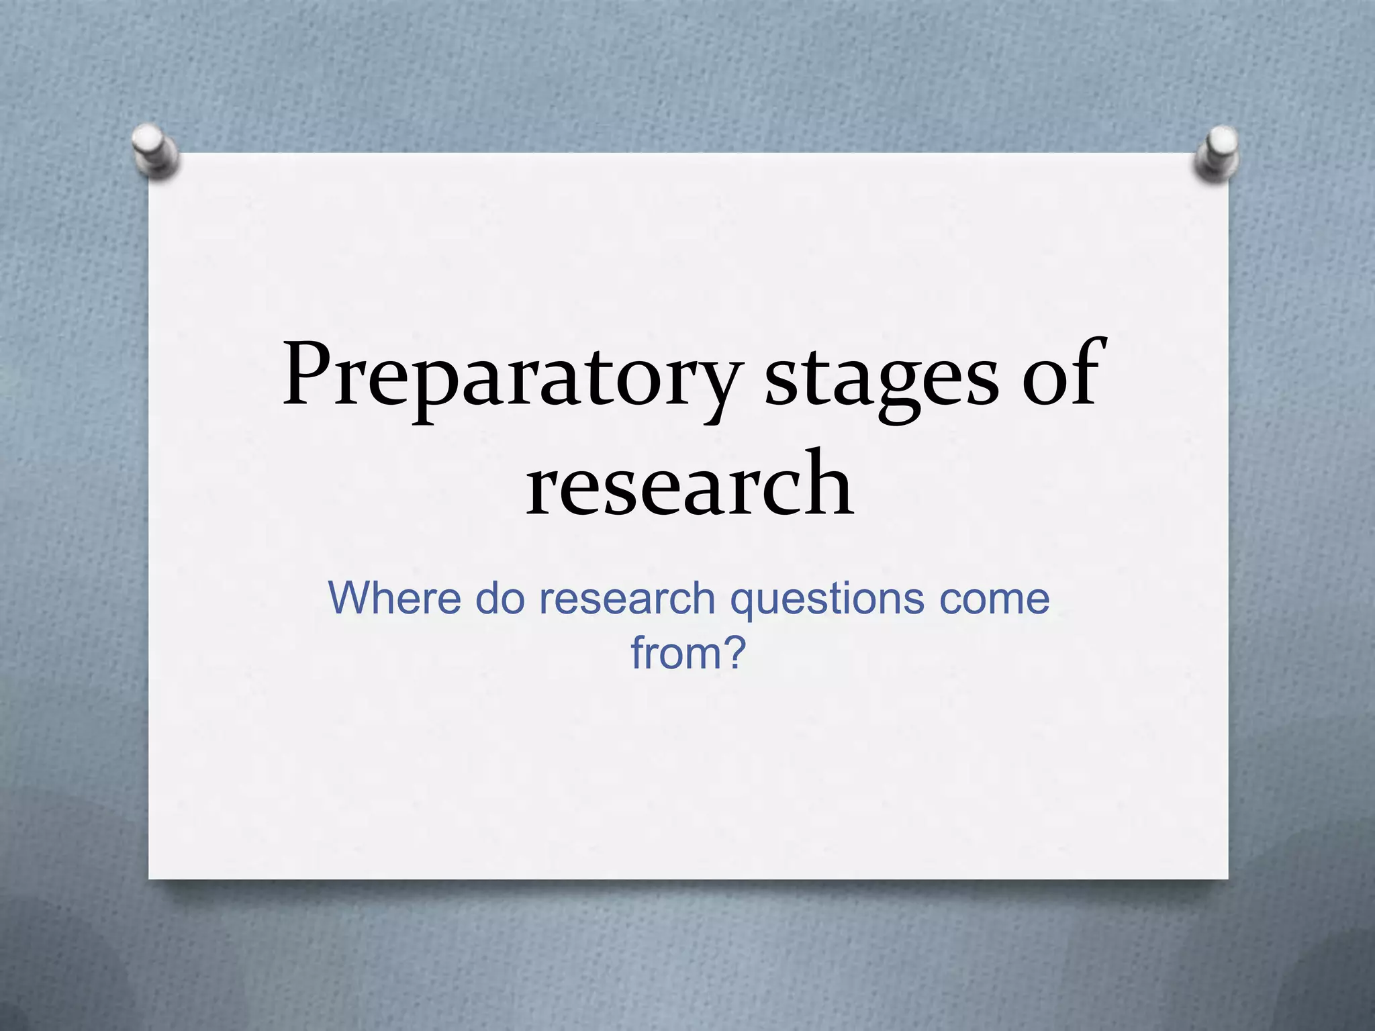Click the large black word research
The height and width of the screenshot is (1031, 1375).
tap(690, 485)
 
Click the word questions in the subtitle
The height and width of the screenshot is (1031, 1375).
tap(826, 599)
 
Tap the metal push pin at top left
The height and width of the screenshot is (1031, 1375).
tap(155, 151)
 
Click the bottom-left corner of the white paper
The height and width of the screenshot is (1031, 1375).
tap(150, 877)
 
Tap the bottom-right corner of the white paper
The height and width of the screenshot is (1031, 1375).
tap(1227, 877)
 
